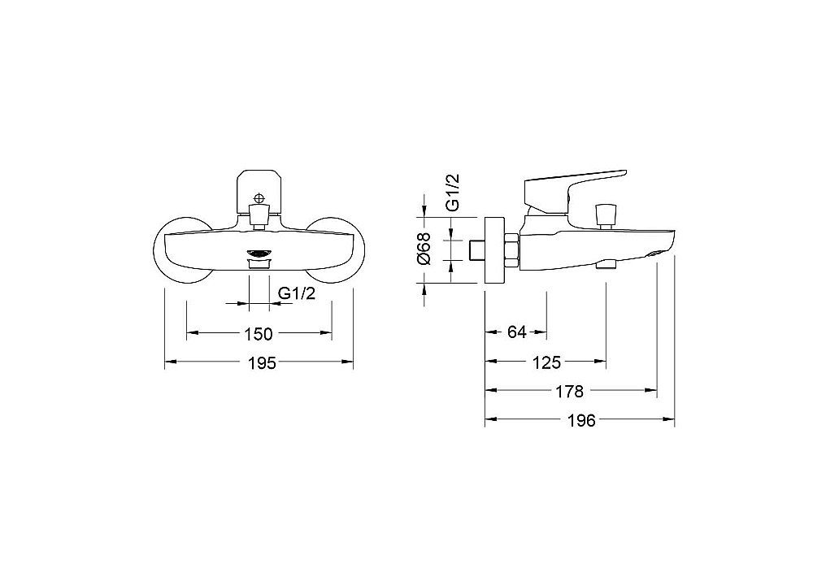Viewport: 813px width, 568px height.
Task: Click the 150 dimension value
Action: pyautogui.click(x=259, y=334)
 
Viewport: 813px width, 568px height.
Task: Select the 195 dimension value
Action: pyautogui.click(x=261, y=362)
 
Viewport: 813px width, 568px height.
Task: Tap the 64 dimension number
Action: pyautogui.click(x=516, y=332)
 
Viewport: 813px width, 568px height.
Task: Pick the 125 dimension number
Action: pyautogui.click(x=547, y=362)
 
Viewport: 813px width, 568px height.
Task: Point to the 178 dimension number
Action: pyautogui.click(x=569, y=392)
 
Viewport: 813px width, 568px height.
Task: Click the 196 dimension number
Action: pyautogui.click(x=581, y=420)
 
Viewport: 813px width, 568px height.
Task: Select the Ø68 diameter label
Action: pyautogui.click(x=424, y=249)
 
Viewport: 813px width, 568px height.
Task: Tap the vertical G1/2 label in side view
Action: pyautogui.click(x=452, y=193)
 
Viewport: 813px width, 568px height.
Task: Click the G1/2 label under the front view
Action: pyautogui.click(x=297, y=293)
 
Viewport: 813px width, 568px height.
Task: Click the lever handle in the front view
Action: pyautogui.click(x=259, y=192)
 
